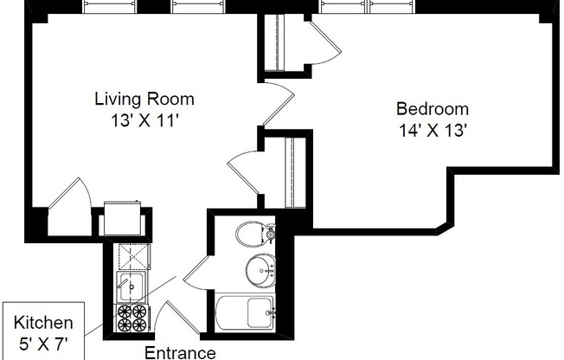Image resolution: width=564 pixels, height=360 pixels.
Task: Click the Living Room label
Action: pyautogui.click(x=144, y=99)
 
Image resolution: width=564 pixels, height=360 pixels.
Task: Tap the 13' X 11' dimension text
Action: pyautogui.click(x=144, y=121)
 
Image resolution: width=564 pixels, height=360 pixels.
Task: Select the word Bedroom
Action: pyautogui.click(x=433, y=109)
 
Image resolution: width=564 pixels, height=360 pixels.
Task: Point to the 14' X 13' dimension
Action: pyautogui.click(x=433, y=132)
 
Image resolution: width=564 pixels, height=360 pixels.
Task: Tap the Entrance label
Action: pyautogui.click(x=179, y=352)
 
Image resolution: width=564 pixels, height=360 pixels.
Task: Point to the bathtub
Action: pyautogui.click(x=246, y=312)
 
